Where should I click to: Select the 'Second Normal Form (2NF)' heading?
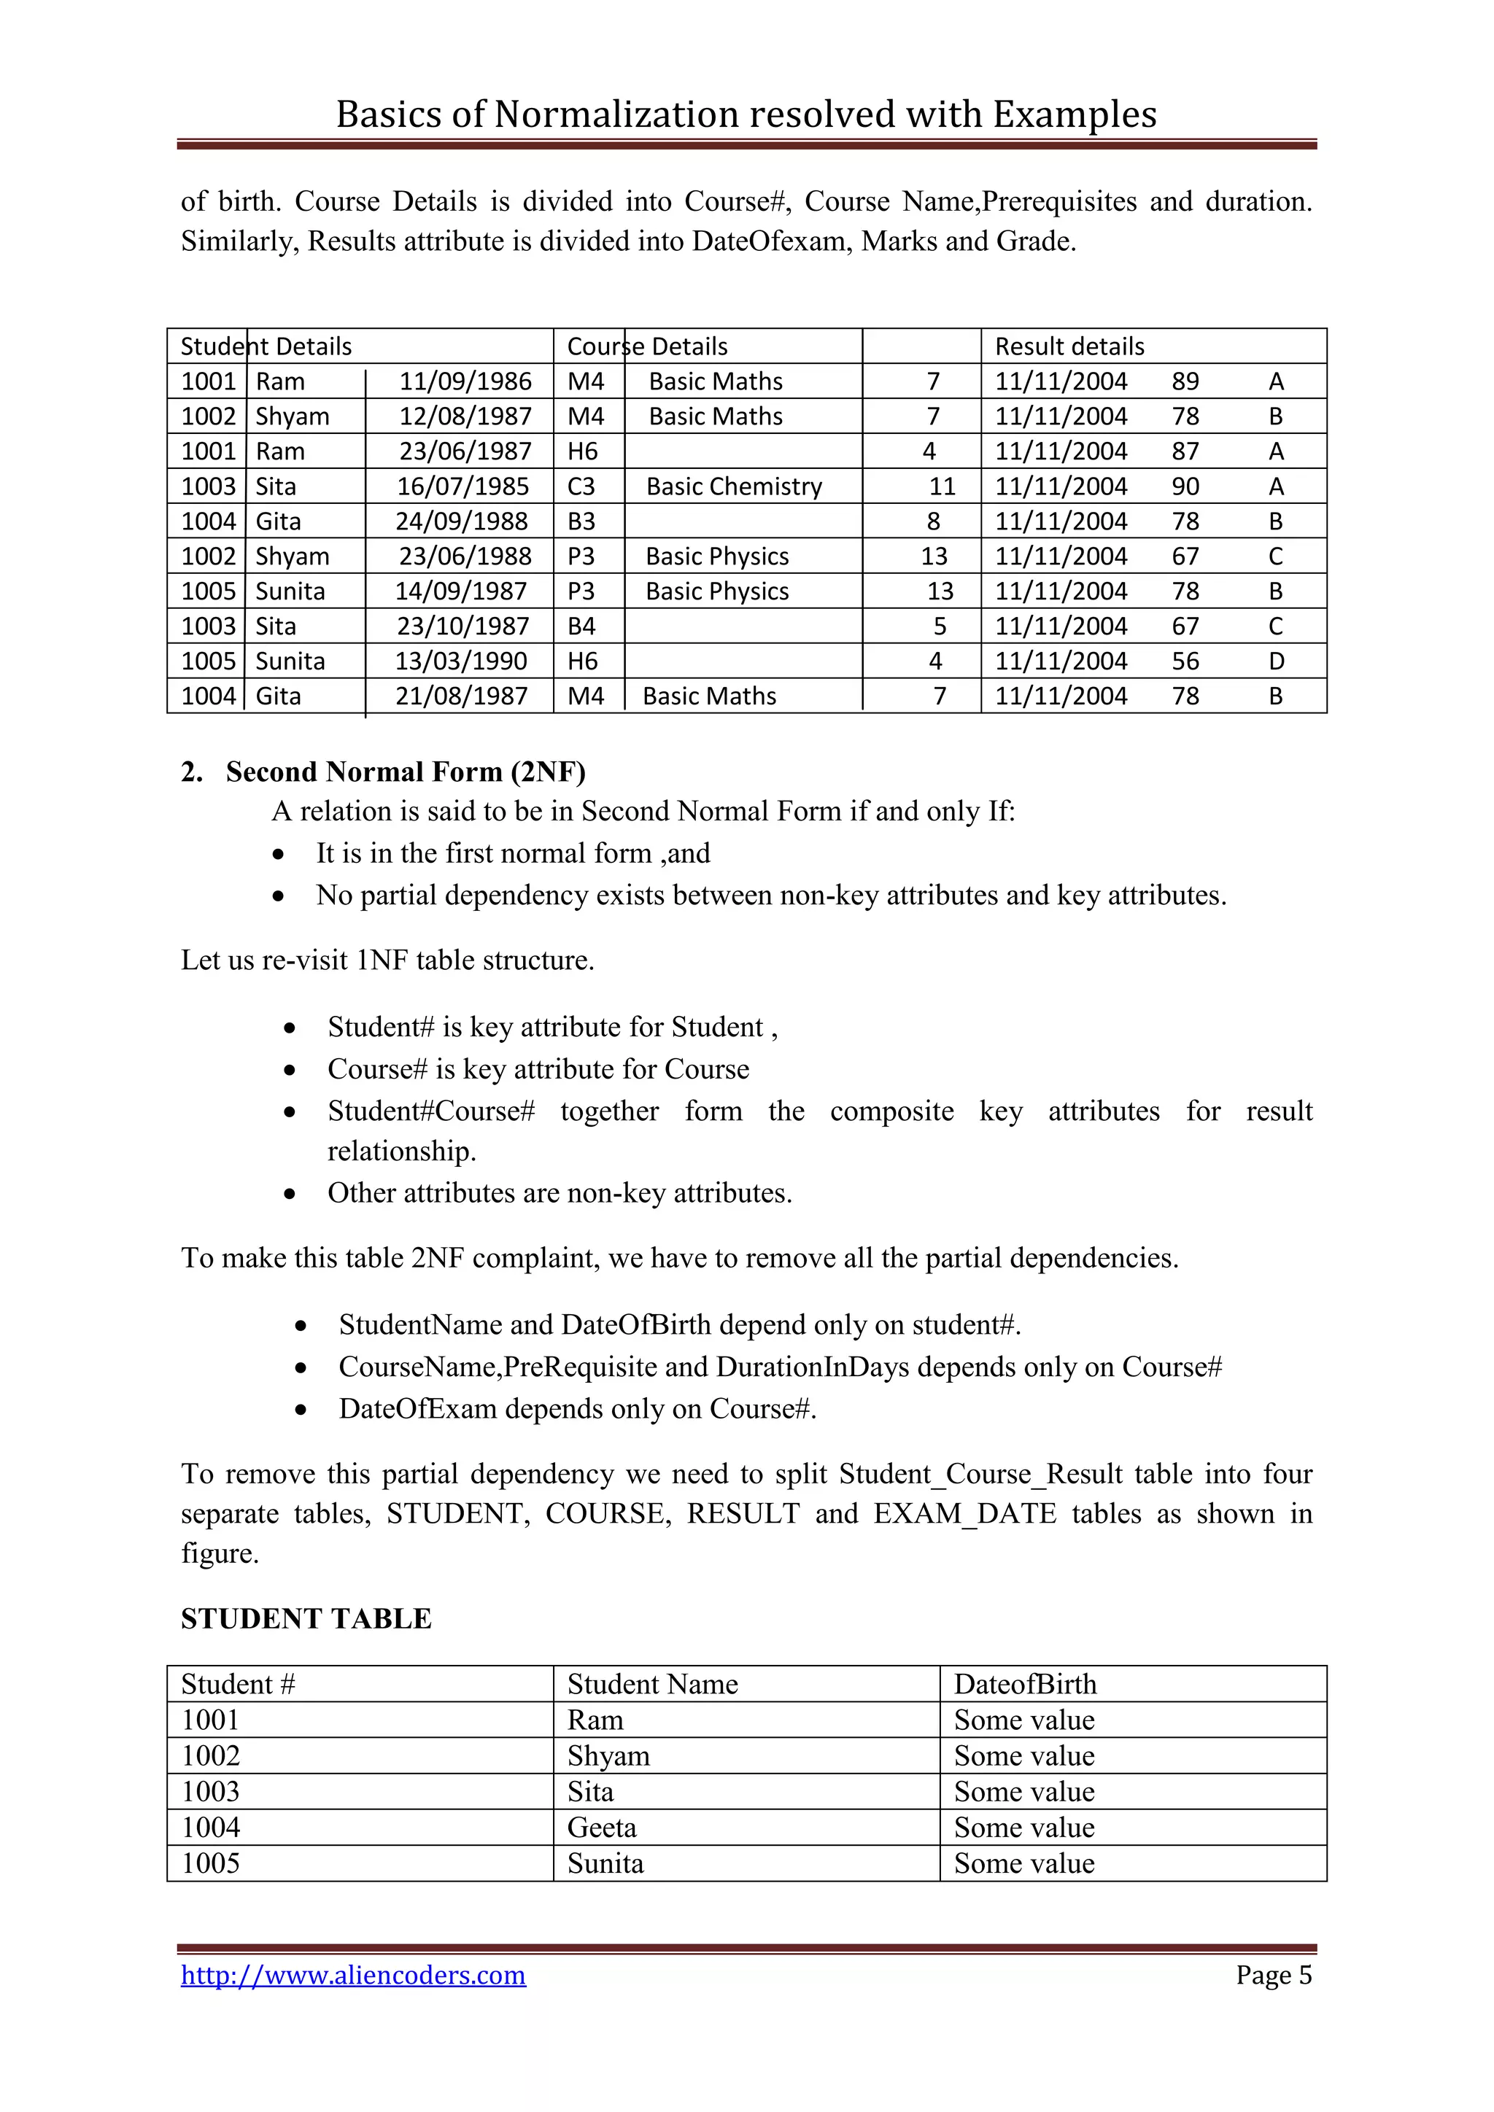coord(405,771)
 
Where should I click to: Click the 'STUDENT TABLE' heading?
coord(306,1618)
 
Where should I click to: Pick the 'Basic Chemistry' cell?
coord(733,486)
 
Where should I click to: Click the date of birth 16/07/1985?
coord(462,486)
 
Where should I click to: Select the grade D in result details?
coord(1276,661)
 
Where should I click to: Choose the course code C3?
coord(581,486)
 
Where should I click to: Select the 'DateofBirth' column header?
coord(1025,1683)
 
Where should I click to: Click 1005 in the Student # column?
coord(211,1863)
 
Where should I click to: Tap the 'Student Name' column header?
coord(652,1683)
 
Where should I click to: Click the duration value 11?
coord(942,486)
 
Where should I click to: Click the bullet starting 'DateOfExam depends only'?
coord(577,1408)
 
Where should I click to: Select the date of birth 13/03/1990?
coord(461,661)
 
